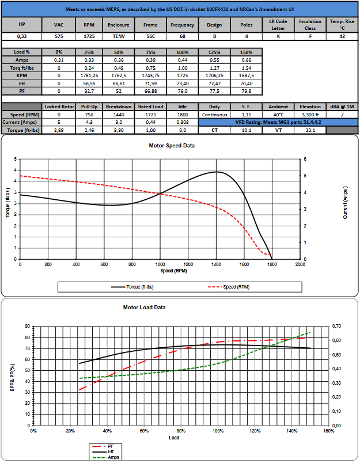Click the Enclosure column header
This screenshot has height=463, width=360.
[119, 25]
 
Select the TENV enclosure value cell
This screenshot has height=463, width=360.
[119, 36]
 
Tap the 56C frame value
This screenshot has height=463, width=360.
[150, 36]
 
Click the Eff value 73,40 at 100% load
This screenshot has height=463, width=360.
[183, 84]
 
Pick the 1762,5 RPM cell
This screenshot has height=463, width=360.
[119, 75]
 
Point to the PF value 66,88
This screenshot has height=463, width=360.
[150, 91]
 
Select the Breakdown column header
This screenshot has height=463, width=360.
[119, 107]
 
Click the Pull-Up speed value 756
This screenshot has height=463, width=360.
[89, 115]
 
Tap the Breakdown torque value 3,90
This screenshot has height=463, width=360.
[119, 130]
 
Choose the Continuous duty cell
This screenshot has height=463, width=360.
[214, 115]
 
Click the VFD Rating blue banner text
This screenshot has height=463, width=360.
[278, 122]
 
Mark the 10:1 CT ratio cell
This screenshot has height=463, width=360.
[247, 130]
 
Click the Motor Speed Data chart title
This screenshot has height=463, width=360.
[172, 146]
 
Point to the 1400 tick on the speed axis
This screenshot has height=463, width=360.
[216, 264]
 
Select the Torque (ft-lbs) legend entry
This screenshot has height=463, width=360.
[132, 287]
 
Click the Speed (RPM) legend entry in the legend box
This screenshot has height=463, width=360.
[229, 287]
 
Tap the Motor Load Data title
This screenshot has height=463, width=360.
[144, 308]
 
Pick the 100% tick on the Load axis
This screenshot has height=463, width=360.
[218, 431]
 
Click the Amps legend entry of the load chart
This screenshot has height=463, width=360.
[106, 457]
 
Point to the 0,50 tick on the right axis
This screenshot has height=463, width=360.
[336, 355]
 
